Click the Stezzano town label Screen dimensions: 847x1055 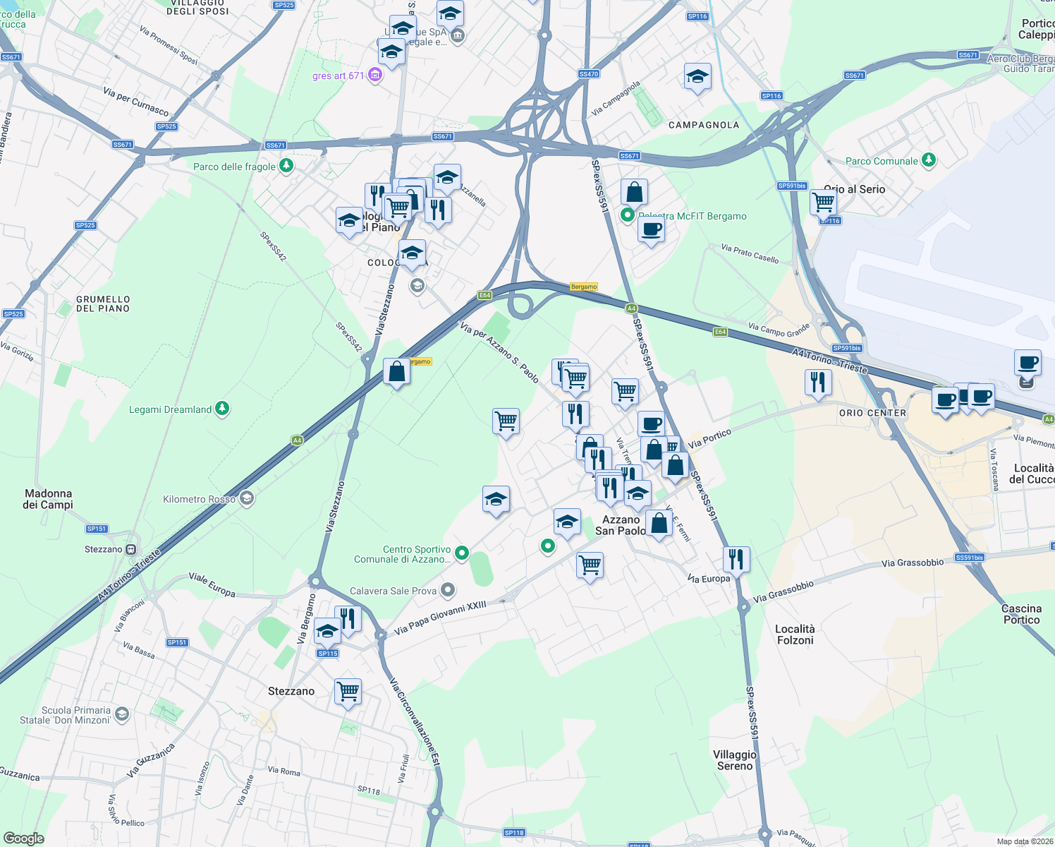(291, 691)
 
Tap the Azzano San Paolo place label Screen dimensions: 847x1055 (620, 525)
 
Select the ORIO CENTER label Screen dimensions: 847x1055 (872, 413)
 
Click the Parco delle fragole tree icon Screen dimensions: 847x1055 (286, 166)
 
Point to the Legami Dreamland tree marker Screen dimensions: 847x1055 (222, 409)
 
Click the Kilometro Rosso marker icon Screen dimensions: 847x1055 (246, 499)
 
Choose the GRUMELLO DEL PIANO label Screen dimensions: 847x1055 (103, 304)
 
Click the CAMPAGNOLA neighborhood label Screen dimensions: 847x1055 (704, 125)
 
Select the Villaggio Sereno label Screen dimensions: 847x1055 (735, 760)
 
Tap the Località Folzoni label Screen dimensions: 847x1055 (795, 635)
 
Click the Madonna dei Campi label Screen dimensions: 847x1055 (48, 499)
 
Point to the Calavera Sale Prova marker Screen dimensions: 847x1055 (448, 590)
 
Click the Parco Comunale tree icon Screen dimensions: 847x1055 (929, 160)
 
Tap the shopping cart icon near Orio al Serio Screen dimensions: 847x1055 (823, 202)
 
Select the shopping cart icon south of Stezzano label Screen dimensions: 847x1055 (348, 691)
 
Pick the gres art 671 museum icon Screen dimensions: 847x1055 (374, 75)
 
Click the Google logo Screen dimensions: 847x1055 (23, 838)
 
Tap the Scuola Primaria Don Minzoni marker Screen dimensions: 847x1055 (121, 715)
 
